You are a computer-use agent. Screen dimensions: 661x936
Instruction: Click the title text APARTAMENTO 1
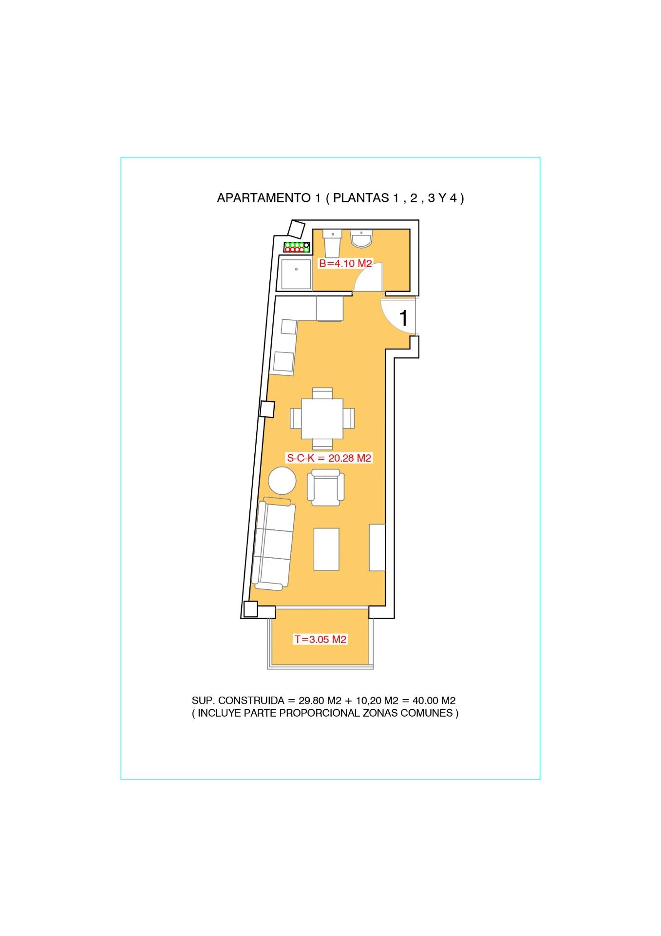tap(267, 198)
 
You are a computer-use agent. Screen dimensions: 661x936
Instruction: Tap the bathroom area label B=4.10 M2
tap(345, 264)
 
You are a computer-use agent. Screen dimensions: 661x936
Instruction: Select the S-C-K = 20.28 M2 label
tap(329, 458)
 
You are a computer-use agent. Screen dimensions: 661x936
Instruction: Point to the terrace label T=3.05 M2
tap(320, 639)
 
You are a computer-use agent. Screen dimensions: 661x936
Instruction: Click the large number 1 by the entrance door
tap(403, 318)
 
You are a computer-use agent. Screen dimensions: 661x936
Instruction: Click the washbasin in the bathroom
tap(362, 239)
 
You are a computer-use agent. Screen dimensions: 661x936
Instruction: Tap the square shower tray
tap(295, 274)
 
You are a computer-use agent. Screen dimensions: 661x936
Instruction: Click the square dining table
tap(322, 418)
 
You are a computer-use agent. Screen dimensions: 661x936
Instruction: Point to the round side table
tap(282, 481)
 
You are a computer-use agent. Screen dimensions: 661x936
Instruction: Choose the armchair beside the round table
tap(325, 487)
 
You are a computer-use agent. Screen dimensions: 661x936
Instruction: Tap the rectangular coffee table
tap(326, 549)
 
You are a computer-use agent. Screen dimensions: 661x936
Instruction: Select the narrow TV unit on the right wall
tap(378, 547)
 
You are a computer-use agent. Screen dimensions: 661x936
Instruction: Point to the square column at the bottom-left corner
tap(250, 609)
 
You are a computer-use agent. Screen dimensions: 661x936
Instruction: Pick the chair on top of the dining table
tap(322, 392)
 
